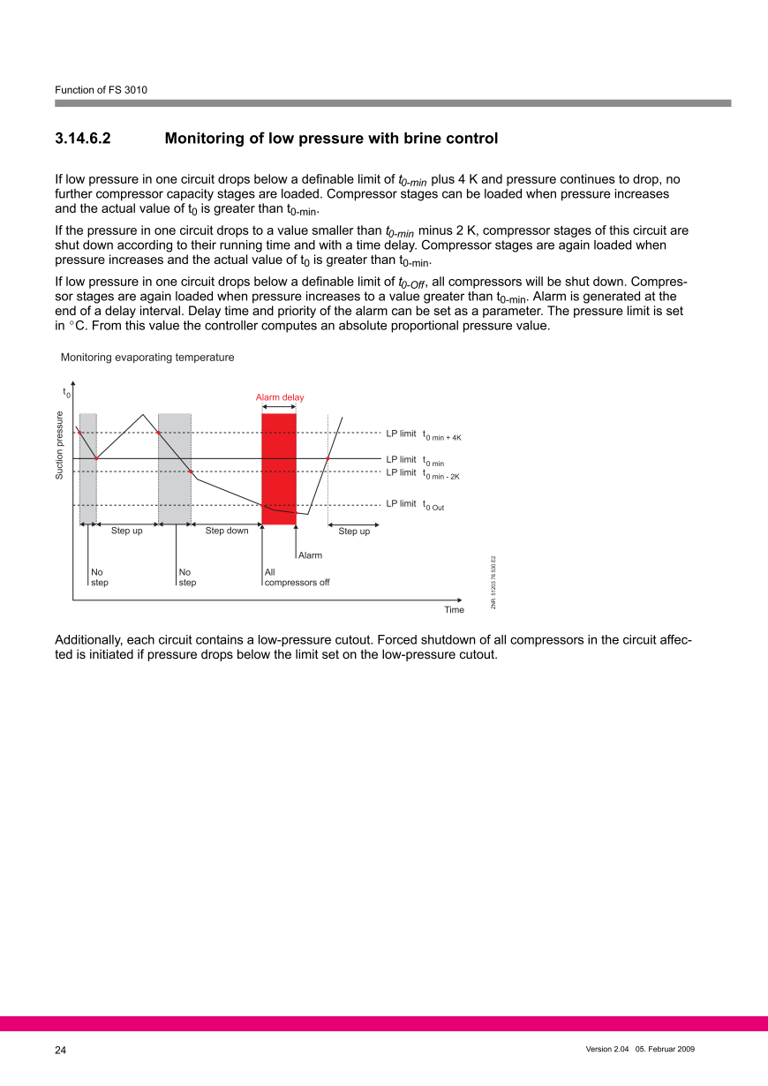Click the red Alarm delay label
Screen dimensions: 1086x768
(280, 397)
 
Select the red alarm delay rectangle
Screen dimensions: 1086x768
(279, 468)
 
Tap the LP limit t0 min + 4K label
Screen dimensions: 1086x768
(424, 434)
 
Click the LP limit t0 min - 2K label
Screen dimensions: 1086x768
(424, 473)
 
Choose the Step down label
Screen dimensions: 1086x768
(227, 531)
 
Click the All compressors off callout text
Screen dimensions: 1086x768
(297, 577)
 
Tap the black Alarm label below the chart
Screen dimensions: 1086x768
(310, 555)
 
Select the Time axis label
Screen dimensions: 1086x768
(454, 610)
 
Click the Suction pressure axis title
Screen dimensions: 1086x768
(60, 446)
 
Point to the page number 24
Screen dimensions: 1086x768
(60, 1050)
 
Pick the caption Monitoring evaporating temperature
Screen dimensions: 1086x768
(147, 358)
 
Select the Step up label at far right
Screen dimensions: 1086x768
(354, 531)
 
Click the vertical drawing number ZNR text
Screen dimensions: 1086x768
(493, 582)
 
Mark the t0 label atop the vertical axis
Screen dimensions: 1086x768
(66, 391)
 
